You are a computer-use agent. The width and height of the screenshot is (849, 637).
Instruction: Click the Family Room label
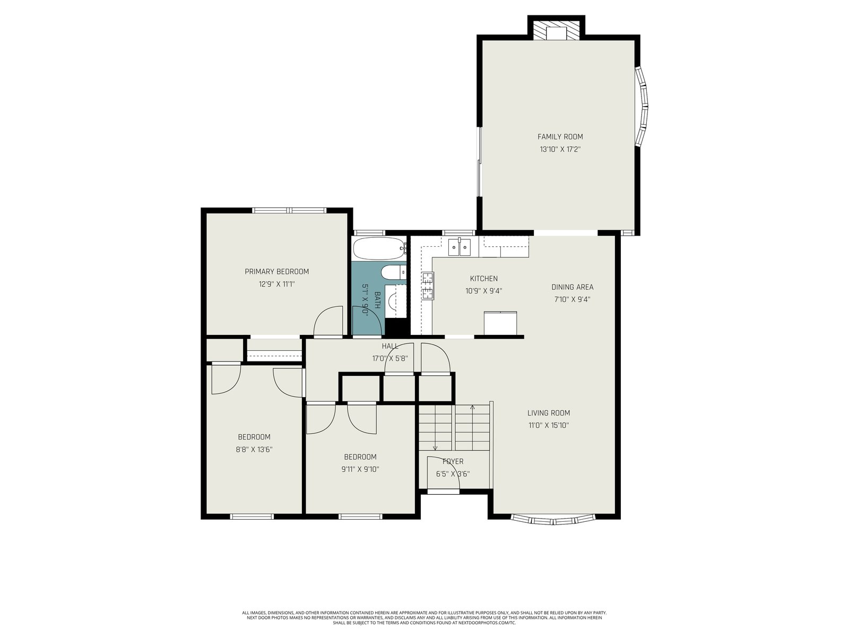point(560,136)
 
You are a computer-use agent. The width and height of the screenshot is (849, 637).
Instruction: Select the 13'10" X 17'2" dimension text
point(560,149)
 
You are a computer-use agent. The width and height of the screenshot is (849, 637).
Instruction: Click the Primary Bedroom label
point(276,271)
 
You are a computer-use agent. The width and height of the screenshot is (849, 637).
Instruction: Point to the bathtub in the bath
point(379,248)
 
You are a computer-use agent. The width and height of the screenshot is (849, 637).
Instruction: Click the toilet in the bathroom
point(393,273)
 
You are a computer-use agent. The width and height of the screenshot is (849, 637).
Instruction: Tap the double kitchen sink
point(459,247)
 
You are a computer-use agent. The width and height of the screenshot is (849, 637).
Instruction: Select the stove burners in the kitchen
point(428,286)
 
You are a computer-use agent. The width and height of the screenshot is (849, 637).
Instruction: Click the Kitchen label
point(483,279)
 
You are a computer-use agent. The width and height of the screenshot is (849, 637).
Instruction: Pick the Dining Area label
point(572,287)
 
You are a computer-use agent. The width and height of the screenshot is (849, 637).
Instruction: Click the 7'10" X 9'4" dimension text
point(572,299)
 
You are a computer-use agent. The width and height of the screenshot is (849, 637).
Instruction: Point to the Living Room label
point(549,412)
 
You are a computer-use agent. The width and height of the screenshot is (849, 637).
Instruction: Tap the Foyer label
point(453,461)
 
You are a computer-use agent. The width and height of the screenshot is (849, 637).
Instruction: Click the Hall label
point(390,346)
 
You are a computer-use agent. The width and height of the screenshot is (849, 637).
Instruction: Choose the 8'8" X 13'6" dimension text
point(254,450)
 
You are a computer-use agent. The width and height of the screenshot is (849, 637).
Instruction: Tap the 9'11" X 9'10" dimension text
point(360,470)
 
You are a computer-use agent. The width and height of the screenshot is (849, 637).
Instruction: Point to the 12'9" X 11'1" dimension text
point(276,285)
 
